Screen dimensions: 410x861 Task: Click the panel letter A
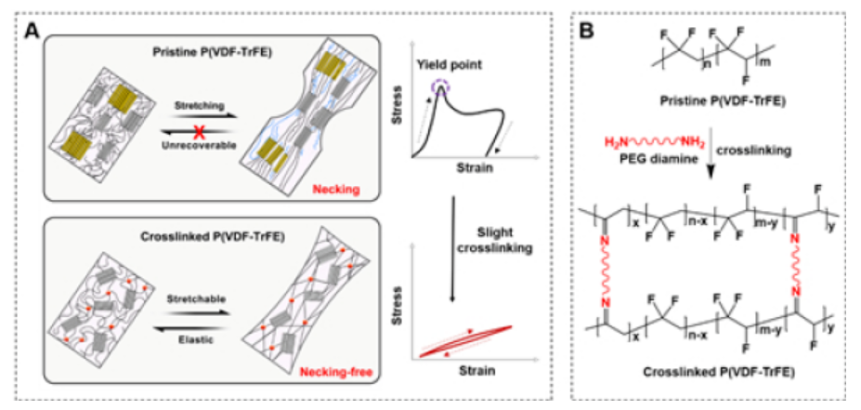coord(33,29)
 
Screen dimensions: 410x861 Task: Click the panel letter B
coord(587,29)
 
